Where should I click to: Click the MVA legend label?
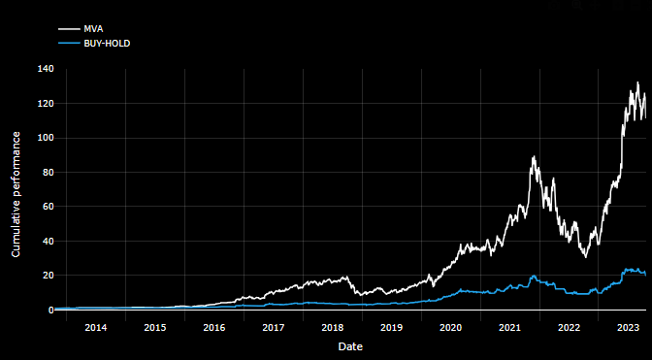[93, 29]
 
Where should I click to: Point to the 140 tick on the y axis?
[46, 70]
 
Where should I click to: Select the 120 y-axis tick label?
[46, 104]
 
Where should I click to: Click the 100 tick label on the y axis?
[46, 139]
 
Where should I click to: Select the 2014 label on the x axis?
[95, 327]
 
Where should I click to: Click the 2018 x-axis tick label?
[332, 327]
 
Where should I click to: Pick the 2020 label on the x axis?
[450, 327]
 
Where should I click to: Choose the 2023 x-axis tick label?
[628, 327]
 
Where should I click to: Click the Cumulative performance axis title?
[16, 189]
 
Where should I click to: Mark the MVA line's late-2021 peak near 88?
[534, 157]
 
